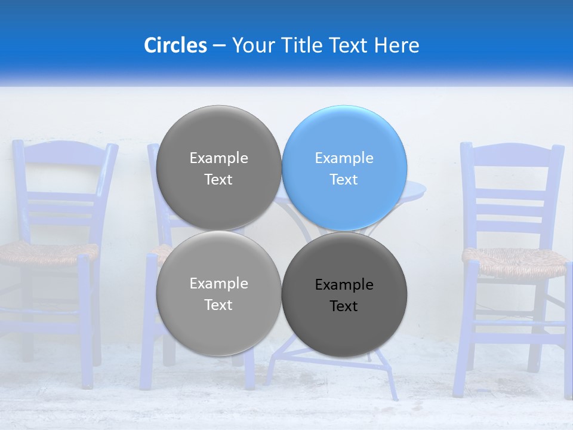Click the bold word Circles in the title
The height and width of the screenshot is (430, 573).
(175, 45)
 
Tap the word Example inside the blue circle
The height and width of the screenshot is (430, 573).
(344, 158)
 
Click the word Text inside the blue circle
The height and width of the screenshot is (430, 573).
(344, 180)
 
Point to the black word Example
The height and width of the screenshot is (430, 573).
(344, 285)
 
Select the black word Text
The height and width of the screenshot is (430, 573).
(344, 306)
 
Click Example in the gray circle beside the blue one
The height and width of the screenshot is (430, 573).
(218, 158)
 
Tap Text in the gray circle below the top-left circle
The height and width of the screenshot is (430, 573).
(218, 305)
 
